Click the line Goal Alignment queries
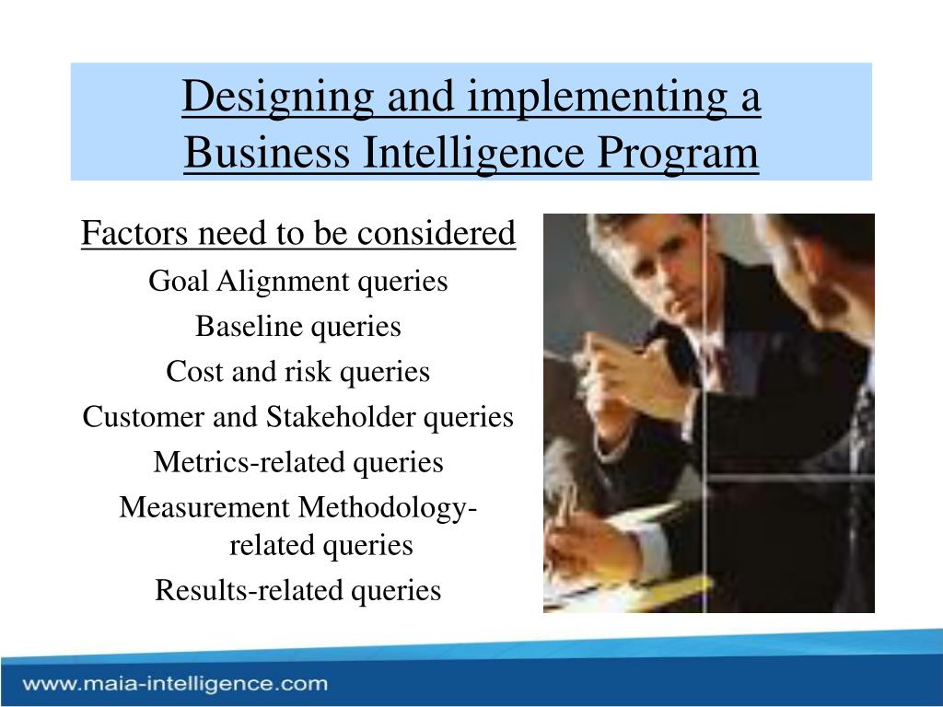tap(298, 282)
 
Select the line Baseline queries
tap(298, 326)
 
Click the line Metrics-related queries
tap(298, 462)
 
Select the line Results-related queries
tap(298, 590)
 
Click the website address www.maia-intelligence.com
tap(176, 684)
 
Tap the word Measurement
tap(204, 507)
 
